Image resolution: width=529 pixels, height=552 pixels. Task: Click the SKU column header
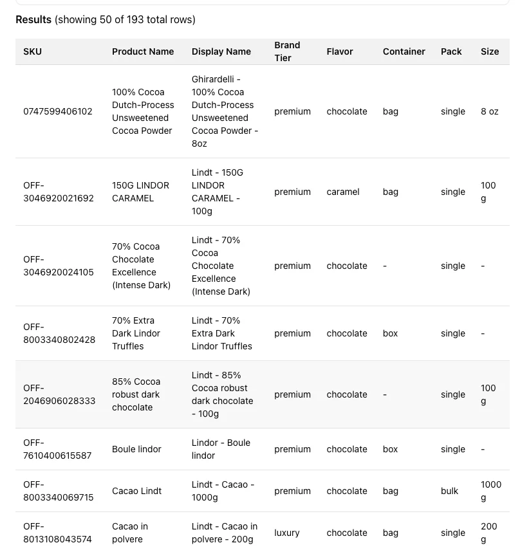click(32, 51)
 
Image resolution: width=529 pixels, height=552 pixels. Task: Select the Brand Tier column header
click(287, 51)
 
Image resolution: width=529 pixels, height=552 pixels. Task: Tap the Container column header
click(404, 51)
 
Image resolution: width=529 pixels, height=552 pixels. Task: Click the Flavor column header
click(339, 51)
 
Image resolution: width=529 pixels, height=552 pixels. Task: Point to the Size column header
click(489, 51)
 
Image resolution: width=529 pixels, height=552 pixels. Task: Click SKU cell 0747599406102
click(58, 111)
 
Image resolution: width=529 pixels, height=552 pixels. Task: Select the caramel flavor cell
click(342, 192)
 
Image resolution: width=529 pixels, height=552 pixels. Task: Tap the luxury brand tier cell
click(286, 533)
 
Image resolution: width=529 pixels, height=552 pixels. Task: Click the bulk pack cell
click(449, 491)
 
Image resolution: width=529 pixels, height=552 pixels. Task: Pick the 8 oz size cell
click(489, 111)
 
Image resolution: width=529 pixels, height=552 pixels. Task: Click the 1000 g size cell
click(490, 491)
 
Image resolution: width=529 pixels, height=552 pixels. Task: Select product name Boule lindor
click(136, 449)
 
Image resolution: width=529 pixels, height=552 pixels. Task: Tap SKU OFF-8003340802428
click(59, 333)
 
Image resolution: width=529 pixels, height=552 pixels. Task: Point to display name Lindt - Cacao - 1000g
click(223, 491)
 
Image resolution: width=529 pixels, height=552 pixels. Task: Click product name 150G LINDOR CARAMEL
click(140, 192)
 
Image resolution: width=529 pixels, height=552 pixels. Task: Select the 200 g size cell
click(488, 533)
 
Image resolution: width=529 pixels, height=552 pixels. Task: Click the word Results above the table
click(33, 19)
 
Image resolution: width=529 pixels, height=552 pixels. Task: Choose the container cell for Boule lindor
click(390, 449)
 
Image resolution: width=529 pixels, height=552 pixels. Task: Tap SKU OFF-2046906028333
click(59, 394)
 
